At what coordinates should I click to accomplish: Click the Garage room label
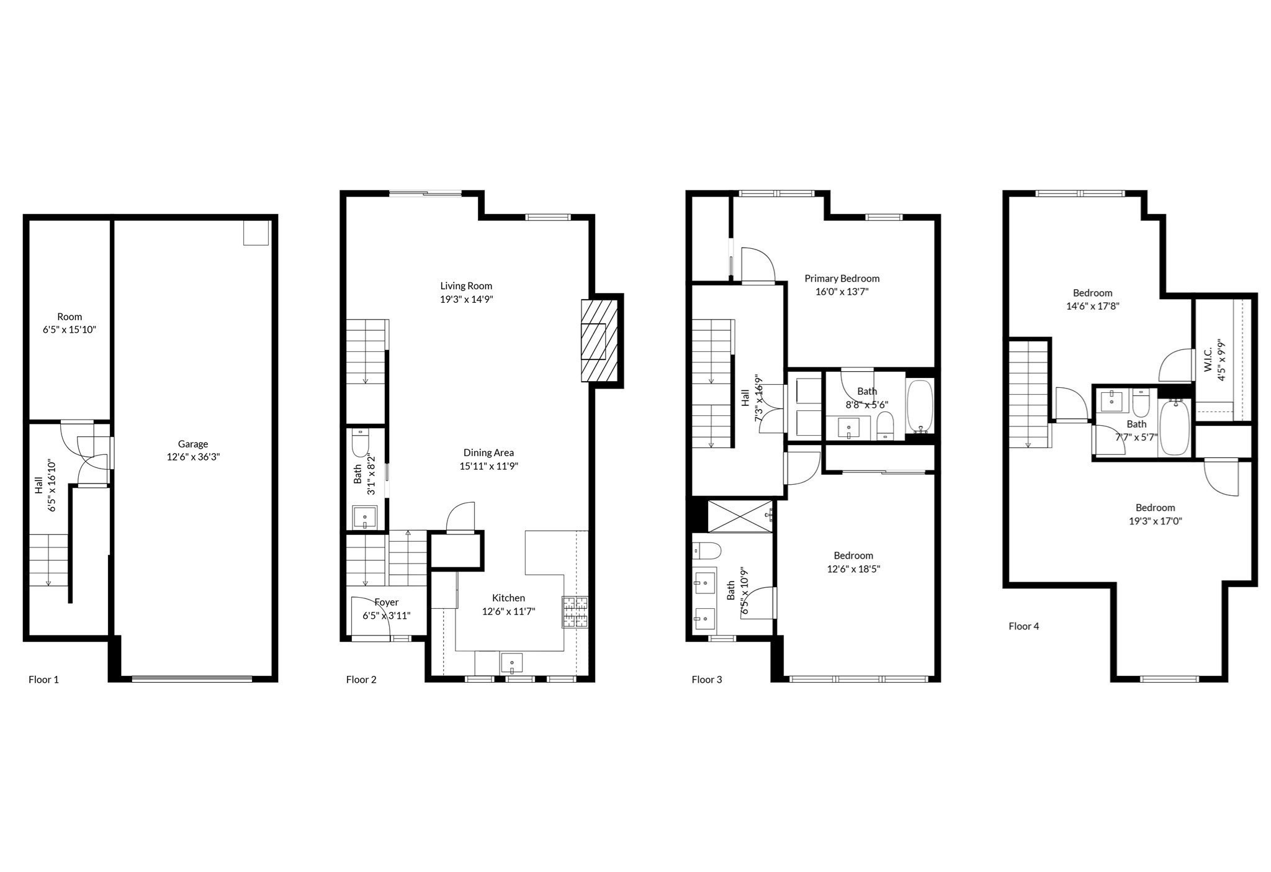coord(192,444)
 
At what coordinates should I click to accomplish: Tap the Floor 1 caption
coord(43,680)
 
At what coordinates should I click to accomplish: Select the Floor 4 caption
coord(1023,626)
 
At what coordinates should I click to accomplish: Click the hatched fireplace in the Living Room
coord(599,341)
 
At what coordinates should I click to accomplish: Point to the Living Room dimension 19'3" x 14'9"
coord(466,299)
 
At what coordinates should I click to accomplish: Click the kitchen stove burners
coord(575,612)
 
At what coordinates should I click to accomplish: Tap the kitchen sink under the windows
coord(511,663)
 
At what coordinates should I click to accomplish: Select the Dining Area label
coord(488,452)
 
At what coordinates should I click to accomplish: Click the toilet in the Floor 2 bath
coord(360,442)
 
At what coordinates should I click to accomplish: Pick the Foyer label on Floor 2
coord(386,602)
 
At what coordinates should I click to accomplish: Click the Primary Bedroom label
coord(842,278)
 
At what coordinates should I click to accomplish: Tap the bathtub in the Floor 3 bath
coord(919,406)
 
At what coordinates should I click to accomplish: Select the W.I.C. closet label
coord(1208,360)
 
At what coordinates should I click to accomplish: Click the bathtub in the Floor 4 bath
coord(1174,427)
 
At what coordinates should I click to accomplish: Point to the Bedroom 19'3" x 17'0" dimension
coord(1155,521)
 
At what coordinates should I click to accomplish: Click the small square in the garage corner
coord(255,233)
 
